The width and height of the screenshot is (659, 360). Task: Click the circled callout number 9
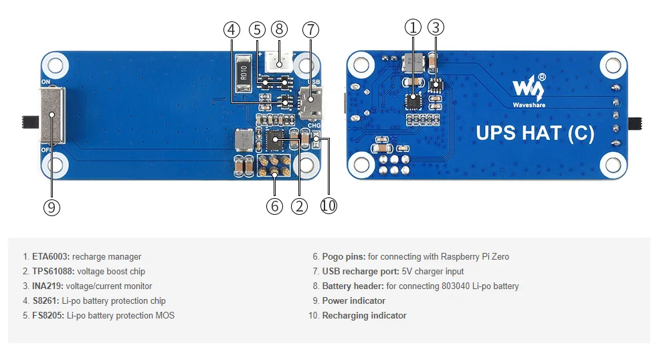[x=52, y=207]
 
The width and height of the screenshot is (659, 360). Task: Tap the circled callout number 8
[x=280, y=29]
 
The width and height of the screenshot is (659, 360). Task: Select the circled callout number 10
[x=328, y=206]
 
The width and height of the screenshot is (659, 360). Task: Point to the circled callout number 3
[x=436, y=27]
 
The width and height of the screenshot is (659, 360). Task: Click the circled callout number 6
[x=274, y=206]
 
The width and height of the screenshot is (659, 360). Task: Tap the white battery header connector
[x=280, y=63]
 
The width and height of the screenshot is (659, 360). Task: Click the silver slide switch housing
[x=52, y=118]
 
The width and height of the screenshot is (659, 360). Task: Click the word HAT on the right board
[x=539, y=133]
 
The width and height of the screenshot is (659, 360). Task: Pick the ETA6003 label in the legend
[x=51, y=256]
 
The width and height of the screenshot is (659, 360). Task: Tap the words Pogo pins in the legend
[x=343, y=256]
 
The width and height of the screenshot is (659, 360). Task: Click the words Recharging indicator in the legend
[x=364, y=315]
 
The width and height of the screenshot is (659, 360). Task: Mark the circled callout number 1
[x=413, y=27]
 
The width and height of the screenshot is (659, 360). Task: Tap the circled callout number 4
[x=231, y=29]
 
